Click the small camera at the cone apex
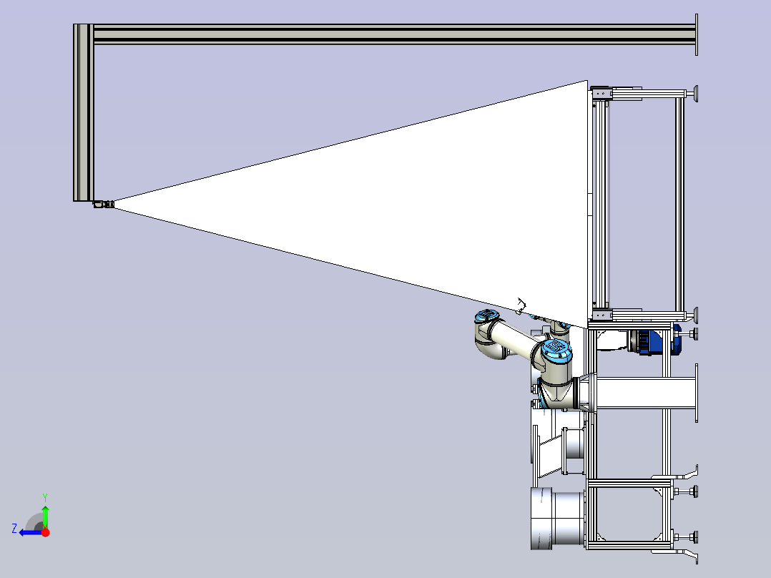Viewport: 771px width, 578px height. [x=104, y=204]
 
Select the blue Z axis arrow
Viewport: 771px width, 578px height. [x=31, y=532]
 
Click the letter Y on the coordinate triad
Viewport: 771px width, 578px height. [x=45, y=498]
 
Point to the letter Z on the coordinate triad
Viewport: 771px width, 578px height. [x=14, y=529]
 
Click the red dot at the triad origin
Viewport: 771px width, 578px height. [x=45, y=532]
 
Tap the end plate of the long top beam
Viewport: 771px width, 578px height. [x=697, y=34]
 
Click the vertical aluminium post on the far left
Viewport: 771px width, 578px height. [x=84, y=112]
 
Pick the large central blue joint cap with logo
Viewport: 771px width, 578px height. [x=556, y=349]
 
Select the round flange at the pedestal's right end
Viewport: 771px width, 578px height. [x=697, y=393]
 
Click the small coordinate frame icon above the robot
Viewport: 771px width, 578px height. [x=521, y=306]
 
